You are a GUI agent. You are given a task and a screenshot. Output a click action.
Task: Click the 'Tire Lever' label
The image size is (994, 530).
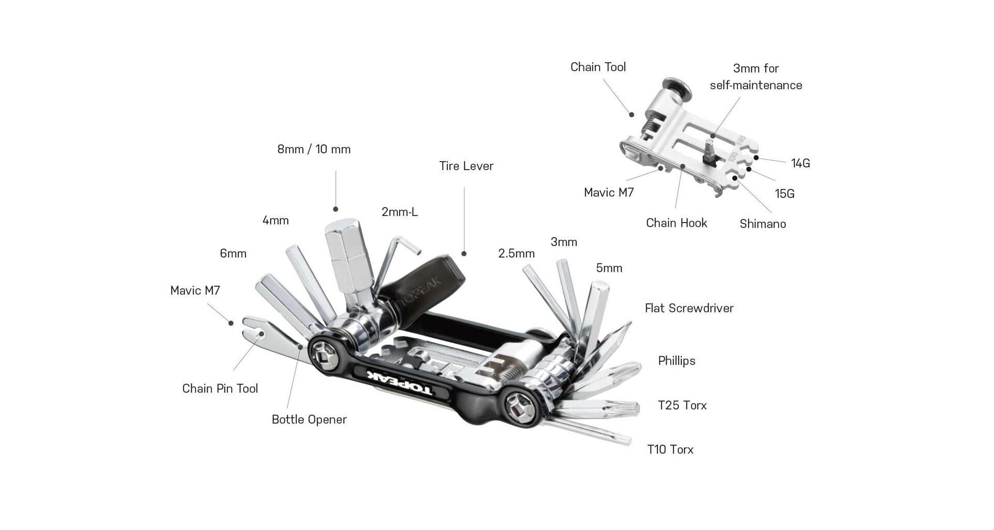466,166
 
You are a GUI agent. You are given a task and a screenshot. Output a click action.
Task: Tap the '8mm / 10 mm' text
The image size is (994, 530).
314,150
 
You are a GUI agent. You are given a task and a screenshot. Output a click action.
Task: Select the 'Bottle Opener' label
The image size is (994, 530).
309,420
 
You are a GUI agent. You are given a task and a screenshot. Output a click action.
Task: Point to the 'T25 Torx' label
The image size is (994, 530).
682,405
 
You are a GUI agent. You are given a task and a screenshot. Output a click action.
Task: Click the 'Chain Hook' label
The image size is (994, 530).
676,223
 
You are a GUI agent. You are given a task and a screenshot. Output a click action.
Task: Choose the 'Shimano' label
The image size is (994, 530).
762,224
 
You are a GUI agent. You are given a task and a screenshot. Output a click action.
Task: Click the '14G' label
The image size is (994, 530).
800,164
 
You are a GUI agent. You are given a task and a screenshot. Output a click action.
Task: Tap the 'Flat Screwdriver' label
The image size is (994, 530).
689,308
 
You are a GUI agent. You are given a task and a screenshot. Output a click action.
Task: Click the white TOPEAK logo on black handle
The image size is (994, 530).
402,384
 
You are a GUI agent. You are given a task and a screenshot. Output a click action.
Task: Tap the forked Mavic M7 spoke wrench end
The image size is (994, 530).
254,328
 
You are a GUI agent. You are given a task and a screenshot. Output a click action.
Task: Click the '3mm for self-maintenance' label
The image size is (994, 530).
756,77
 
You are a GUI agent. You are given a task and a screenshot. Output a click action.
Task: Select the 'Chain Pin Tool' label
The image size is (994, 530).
220,389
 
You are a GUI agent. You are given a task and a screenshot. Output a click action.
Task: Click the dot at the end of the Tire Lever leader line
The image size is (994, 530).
464,254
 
